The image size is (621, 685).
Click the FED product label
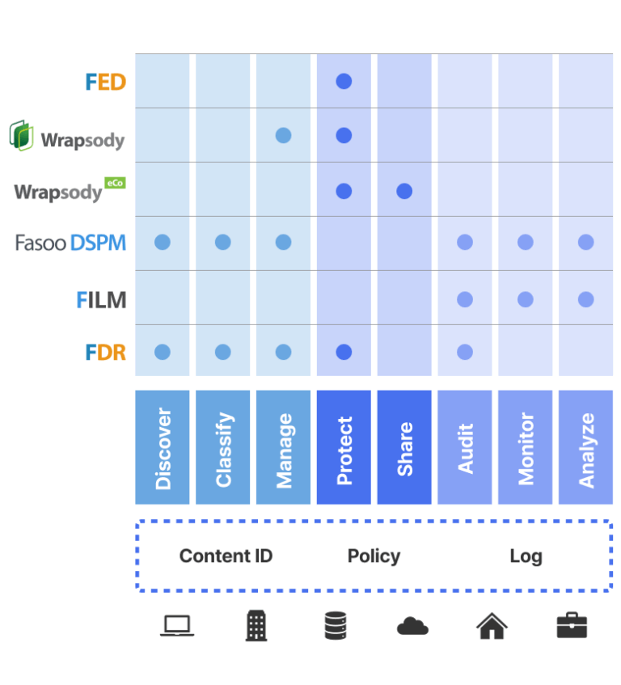pos(106,82)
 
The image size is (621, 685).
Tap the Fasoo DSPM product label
pos(71,242)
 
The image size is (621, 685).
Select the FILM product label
pos(102,300)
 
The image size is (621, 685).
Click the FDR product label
pos(106,353)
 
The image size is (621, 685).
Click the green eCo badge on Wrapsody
pos(115,183)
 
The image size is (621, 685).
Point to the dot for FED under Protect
pos(344,81)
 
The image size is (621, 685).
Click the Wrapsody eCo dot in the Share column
pos(404,191)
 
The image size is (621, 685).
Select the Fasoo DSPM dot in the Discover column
pos(163,242)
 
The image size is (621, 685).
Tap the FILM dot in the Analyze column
pos(585,299)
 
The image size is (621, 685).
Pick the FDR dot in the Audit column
pos(465,352)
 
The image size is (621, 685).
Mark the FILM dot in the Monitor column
pos(526,299)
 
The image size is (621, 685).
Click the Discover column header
pos(163,448)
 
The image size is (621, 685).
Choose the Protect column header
pos(344,448)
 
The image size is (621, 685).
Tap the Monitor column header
pos(526,448)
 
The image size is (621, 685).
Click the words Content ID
pos(226,556)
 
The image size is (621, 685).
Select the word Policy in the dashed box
pos(374,556)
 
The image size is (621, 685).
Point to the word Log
pos(526,556)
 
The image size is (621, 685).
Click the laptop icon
pos(176,626)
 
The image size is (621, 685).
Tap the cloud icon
pos(412,626)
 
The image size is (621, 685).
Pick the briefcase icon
pos(572,626)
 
